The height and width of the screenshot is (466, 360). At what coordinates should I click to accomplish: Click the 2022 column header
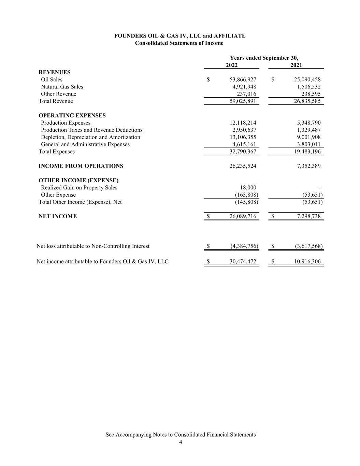(x=232, y=65)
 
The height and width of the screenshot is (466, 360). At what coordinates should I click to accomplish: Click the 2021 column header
(x=296, y=65)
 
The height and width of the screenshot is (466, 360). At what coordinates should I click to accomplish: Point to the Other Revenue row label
(x=58, y=94)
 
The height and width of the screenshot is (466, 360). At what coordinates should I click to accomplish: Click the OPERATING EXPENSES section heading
(x=72, y=115)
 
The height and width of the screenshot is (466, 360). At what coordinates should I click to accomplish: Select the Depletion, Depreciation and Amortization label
(x=90, y=137)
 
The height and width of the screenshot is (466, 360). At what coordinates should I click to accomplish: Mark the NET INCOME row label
(x=58, y=216)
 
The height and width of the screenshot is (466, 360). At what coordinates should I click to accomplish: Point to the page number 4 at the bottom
(x=181, y=442)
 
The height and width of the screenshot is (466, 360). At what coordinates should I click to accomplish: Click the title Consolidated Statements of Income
(x=179, y=43)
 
